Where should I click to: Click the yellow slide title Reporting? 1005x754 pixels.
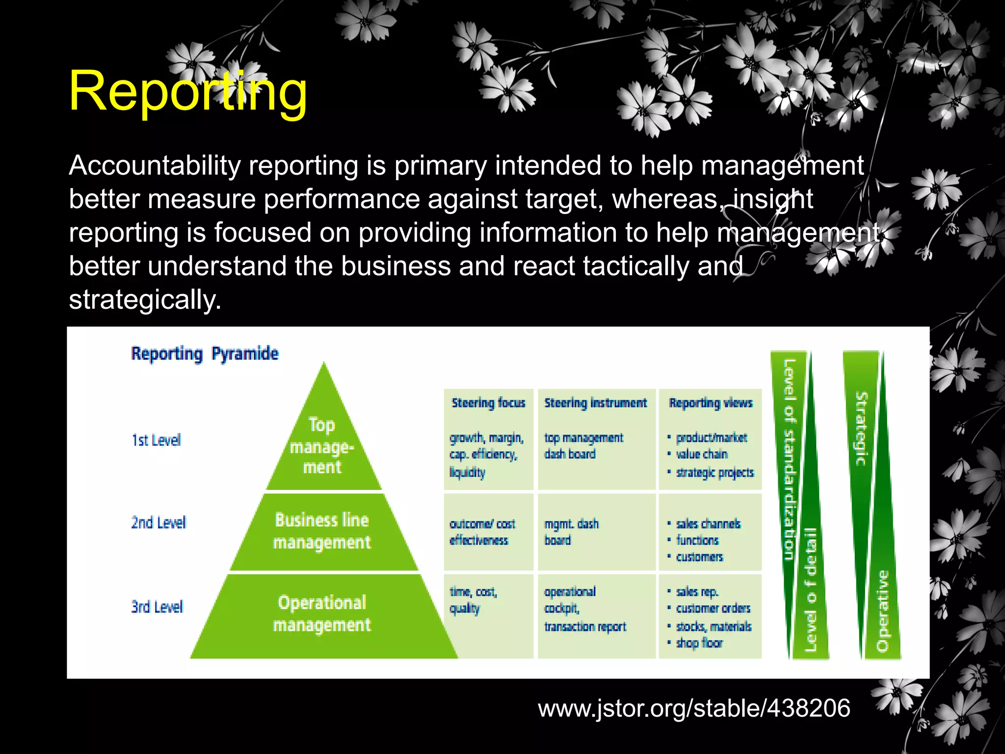[x=188, y=91]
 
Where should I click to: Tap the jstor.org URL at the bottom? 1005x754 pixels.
[x=694, y=708]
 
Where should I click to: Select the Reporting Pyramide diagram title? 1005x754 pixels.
[x=205, y=354]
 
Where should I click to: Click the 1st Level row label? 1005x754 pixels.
[x=156, y=440]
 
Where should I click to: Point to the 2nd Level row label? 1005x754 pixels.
[x=159, y=522]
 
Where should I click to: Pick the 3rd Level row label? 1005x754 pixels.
[x=157, y=607]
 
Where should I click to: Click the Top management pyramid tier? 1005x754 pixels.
[x=322, y=446]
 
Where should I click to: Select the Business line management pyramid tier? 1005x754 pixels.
[x=322, y=531]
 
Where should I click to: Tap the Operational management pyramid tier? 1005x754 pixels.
[x=322, y=614]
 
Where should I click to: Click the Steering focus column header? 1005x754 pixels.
[x=488, y=403]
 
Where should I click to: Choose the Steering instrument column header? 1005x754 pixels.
[x=595, y=403]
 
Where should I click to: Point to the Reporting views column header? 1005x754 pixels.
[x=711, y=403]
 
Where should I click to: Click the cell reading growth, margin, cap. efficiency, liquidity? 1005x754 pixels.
[x=486, y=455]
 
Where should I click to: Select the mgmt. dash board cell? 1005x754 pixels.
[x=571, y=532]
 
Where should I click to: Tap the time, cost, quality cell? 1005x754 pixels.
[x=473, y=600]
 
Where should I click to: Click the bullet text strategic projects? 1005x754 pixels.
[x=714, y=473]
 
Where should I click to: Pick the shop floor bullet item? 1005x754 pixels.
[x=699, y=643]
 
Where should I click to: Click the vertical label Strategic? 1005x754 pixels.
[x=861, y=429]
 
